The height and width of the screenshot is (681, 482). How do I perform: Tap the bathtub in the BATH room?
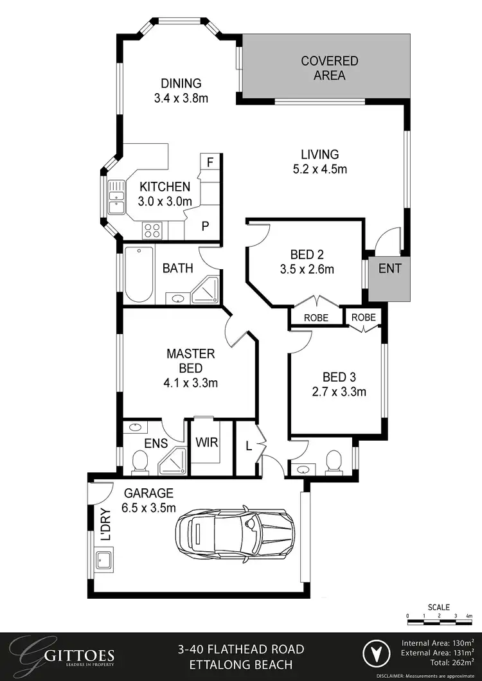pyautogui.click(x=138, y=274)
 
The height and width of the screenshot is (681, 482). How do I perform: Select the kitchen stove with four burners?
pyautogui.click(x=152, y=229)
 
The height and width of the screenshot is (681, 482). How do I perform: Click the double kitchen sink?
pyautogui.click(x=116, y=197)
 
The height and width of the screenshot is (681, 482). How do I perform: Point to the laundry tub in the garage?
pyautogui.click(x=105, y=560)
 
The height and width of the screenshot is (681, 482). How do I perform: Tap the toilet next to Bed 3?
pyautogui.click(x=333, y=461)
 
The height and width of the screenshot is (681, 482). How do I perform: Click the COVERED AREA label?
pyautogui.click(x=330, y=68)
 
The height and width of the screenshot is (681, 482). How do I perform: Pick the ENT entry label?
pyautogui.click(x=389, y=269)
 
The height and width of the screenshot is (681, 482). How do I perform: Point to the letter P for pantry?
pyautogui.click(x=206, y=226)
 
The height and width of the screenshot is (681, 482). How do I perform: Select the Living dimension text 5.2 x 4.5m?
pyautogui.click(x=319, y=170)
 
